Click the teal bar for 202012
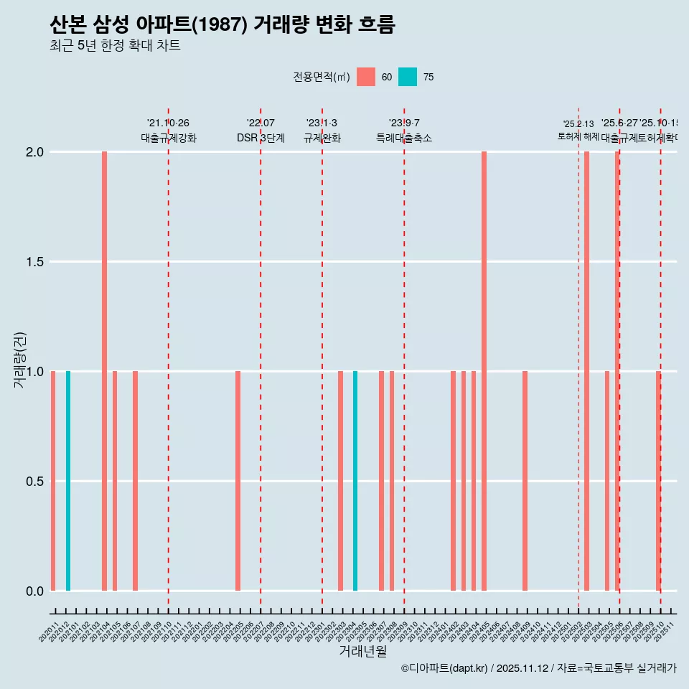point(68,481)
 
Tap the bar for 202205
point(238,481)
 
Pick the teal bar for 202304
point(355,481)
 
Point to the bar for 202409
point(525,481)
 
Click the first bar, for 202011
point(53,481)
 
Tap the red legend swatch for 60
point(366,77)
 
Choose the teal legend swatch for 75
point(408,77)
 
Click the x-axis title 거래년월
point(362,651)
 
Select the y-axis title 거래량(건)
point(19,359)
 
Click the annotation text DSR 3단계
point(261,139)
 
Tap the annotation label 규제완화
point(322,139)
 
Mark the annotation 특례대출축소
point(404,139)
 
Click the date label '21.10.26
point(168,123)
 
